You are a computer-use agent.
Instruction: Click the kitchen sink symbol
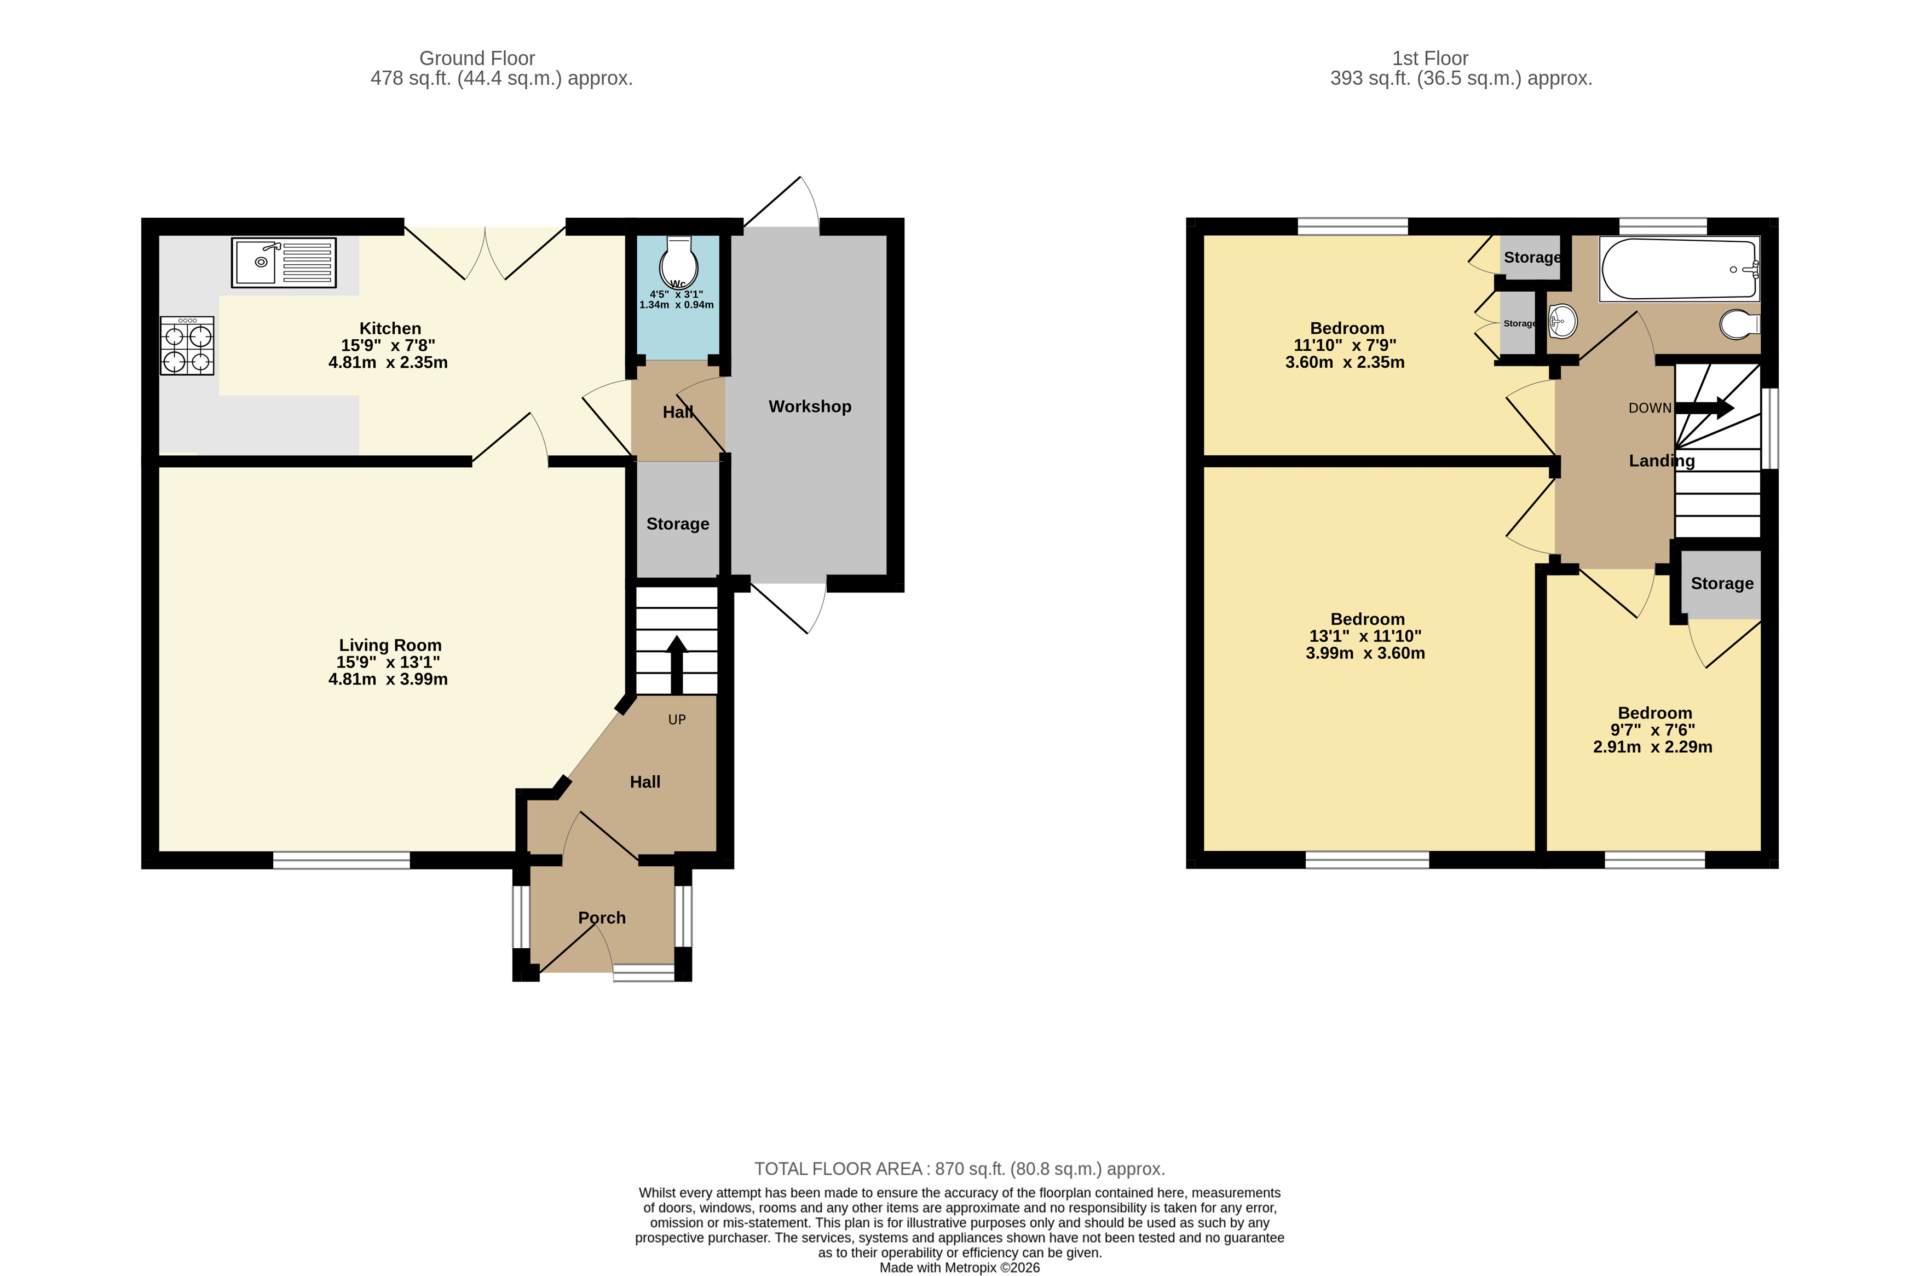coord(284,262)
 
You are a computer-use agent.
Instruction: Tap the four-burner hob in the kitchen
coord(187,346)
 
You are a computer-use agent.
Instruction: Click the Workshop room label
coord(809,406)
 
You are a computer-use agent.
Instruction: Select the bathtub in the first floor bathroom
coord(1679,269)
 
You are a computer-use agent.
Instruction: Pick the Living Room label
coord(390,645)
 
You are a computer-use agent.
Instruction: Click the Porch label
coord(602,917)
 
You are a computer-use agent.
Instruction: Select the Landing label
coord(1661,461)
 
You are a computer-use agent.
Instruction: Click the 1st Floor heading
coord(1430,59)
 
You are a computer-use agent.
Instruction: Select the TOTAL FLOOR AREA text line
coord(959,1169)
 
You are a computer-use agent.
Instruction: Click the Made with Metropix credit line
coord(959,1267)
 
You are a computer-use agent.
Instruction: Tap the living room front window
coord(341,860)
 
